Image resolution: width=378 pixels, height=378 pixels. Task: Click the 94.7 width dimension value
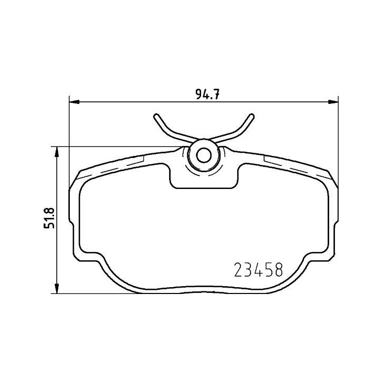click(x=207, y=94)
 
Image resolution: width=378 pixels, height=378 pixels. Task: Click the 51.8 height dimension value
click(x=49, y=218)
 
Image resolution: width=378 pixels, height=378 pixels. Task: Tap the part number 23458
click(x=258, y=269)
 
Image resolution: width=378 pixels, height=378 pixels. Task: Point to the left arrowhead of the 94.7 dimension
click(x=74, y=102)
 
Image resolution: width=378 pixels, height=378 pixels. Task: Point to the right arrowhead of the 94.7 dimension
click(x=333, y=102)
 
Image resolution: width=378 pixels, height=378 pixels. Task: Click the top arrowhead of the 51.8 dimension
click(x=57, y=152)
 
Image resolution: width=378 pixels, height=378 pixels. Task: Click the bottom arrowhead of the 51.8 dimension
click(x=57, y=288)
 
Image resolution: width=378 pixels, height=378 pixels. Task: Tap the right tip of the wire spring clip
click(x=251, y=117)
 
